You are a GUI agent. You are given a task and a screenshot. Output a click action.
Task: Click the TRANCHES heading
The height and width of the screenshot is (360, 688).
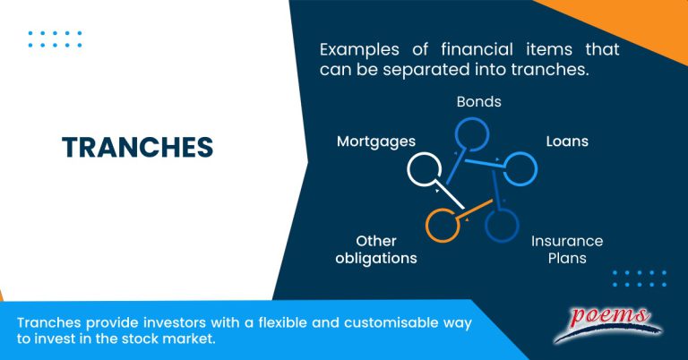coord(137,148)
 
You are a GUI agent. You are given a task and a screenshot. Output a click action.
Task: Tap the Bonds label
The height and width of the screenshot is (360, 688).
coord(478,102)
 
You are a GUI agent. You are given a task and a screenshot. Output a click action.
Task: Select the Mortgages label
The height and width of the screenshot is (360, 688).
coord(376,141)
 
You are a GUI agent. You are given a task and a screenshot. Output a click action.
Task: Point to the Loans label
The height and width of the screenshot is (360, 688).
coord(567,141)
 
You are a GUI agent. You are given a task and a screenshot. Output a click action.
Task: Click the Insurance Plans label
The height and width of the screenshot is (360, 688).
coord(567,249)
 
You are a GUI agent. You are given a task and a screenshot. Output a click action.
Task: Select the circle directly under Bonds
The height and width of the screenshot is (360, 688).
coord(472,134)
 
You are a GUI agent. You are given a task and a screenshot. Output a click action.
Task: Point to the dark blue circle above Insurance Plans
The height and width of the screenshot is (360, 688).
coord(502,224)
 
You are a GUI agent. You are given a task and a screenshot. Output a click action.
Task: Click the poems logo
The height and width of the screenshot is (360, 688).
coord(606,324)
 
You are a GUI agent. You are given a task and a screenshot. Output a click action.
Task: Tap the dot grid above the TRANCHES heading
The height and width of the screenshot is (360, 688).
coord(55,39)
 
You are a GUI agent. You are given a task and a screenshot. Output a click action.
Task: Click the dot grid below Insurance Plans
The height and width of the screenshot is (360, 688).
coord(639,279)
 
